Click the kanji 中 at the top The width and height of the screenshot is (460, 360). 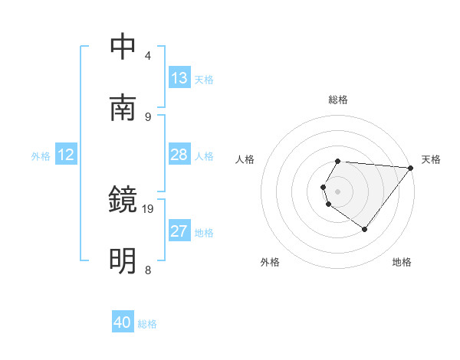point(123,47)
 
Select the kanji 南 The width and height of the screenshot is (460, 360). point(123,107)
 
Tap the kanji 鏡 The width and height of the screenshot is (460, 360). point(123,200)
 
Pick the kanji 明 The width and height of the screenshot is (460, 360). point(123,261)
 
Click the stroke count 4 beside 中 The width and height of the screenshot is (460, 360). point(148,56)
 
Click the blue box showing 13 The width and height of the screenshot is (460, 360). point(179,78)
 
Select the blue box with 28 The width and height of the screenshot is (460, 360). point(179,155)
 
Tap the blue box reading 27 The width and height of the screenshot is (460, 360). point(179,231)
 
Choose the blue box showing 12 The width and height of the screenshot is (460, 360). point(66,155)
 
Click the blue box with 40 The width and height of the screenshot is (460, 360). point(123,322)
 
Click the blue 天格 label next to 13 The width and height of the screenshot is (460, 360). point(204,80)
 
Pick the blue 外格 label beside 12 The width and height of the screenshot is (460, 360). point(41,156)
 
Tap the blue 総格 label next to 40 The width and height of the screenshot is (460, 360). point(147,324)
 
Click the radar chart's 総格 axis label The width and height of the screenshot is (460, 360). point(338,100)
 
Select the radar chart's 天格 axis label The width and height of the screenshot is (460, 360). point(431,159)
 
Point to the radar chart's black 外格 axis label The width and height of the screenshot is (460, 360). point(270,262)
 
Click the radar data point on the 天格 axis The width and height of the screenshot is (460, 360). point(411,168)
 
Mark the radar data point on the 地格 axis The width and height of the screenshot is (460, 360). point(364,229)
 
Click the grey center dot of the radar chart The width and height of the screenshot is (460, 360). point(338,191)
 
